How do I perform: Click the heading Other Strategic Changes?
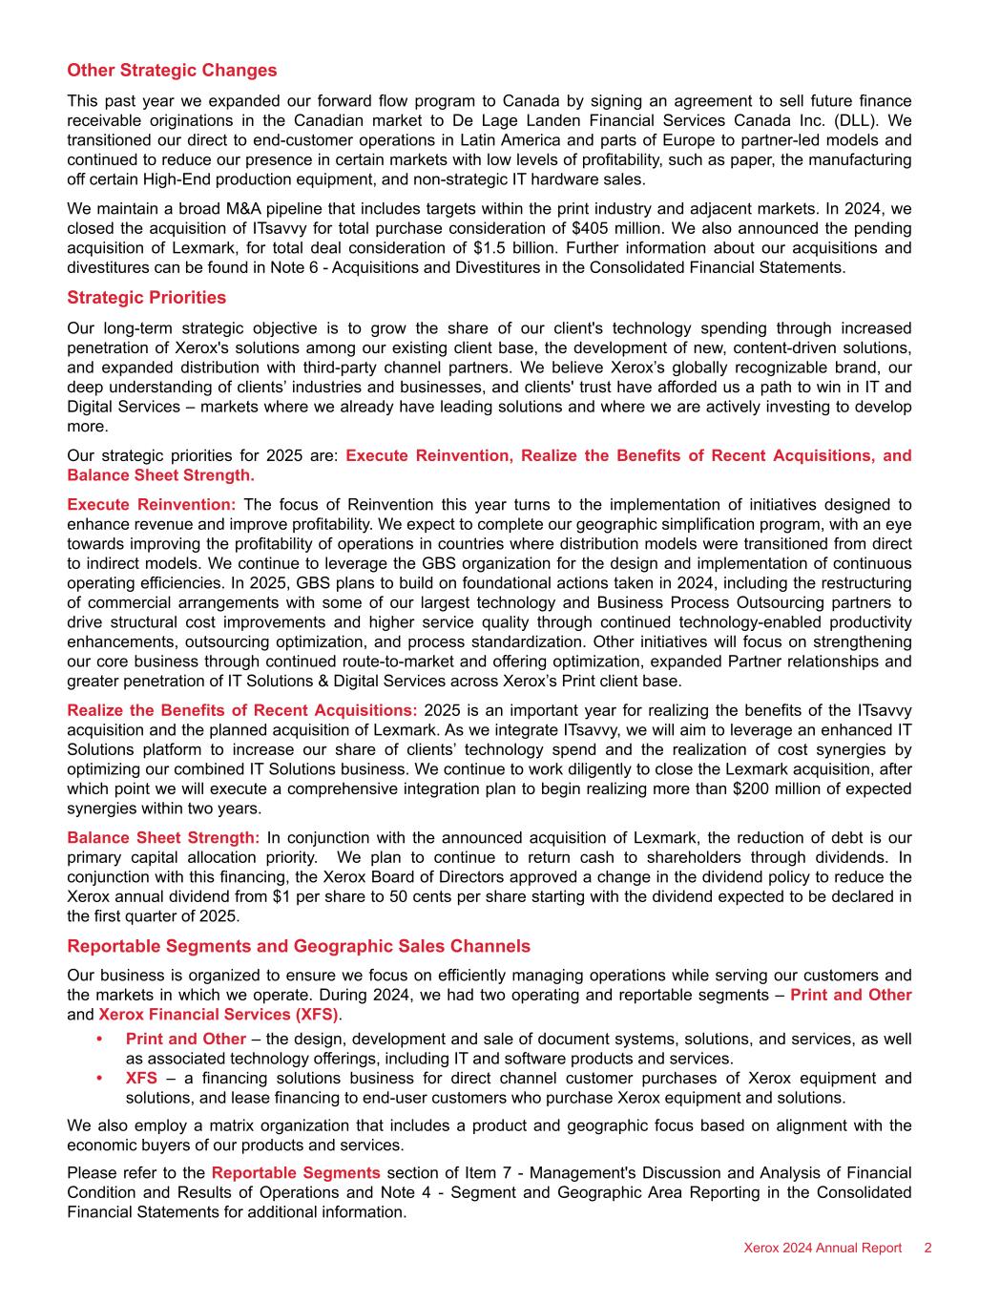172,71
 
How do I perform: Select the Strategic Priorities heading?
146,298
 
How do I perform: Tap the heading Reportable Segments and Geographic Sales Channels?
299,946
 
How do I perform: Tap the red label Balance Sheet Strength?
163,837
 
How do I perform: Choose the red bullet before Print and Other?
99,1040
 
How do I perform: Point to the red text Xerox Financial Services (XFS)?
219,1014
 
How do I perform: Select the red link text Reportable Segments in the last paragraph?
296,1172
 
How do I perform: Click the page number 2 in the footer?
927,1249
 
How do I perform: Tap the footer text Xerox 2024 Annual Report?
823,1249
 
